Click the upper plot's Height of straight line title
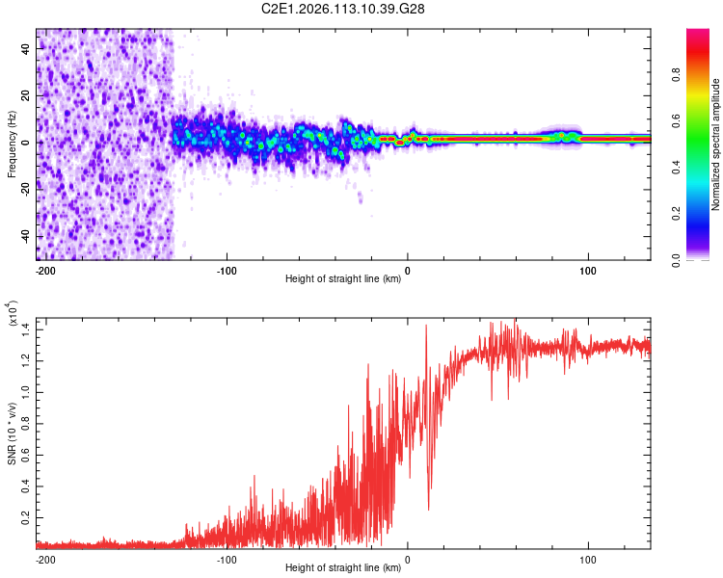click(343, 279)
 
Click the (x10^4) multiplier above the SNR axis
click(13, 314)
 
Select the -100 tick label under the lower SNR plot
click(227, 559)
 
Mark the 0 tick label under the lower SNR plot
click(407, 559)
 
